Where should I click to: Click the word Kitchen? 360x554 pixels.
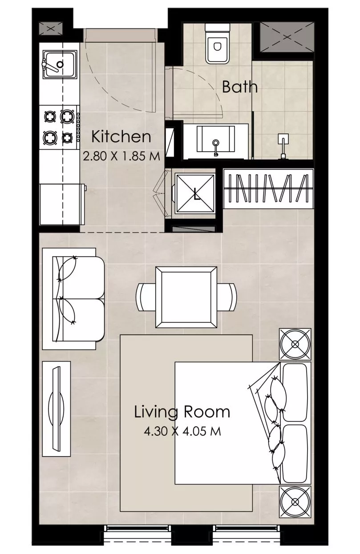pyautogui.click(x=121, y=136)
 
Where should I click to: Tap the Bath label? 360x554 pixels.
pyautogui.click(x=239, y=87)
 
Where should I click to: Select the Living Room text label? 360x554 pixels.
pyautogui.click(x=182, y=412)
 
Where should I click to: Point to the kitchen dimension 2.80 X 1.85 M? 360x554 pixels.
pyautogui.click(x=121, y=157)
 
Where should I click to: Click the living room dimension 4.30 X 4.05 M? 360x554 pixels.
pyautogui.click(x=182, y=432)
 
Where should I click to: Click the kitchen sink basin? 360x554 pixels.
pyautogui.click(x=60, y=64)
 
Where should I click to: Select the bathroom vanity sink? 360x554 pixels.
pyautogui.click(x=216, y=140)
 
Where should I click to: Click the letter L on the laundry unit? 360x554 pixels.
pyautogui.click(x=196, y=194)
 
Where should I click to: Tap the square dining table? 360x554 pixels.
pyautogui.click(x=186, y=297)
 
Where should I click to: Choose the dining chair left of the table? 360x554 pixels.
pyautogui.click(x=146, y=297)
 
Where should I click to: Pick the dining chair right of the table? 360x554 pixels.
pyautogui.click(x=227, y=297)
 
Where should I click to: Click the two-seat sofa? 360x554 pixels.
pyautogui.click(x=73, y=299)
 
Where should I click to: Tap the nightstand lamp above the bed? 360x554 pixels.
pyautogui.click(x=295, y=344)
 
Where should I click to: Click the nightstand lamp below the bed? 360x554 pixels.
pyautogui.click(x=295, y=502)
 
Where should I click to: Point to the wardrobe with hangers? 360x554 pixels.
pyautogui.click(x=269, y=189)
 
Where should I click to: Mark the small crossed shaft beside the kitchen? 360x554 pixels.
pyautogui.click(x=51, y=29)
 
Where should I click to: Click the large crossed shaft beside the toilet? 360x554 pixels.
pyautogui.click(x=287, y=37)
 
